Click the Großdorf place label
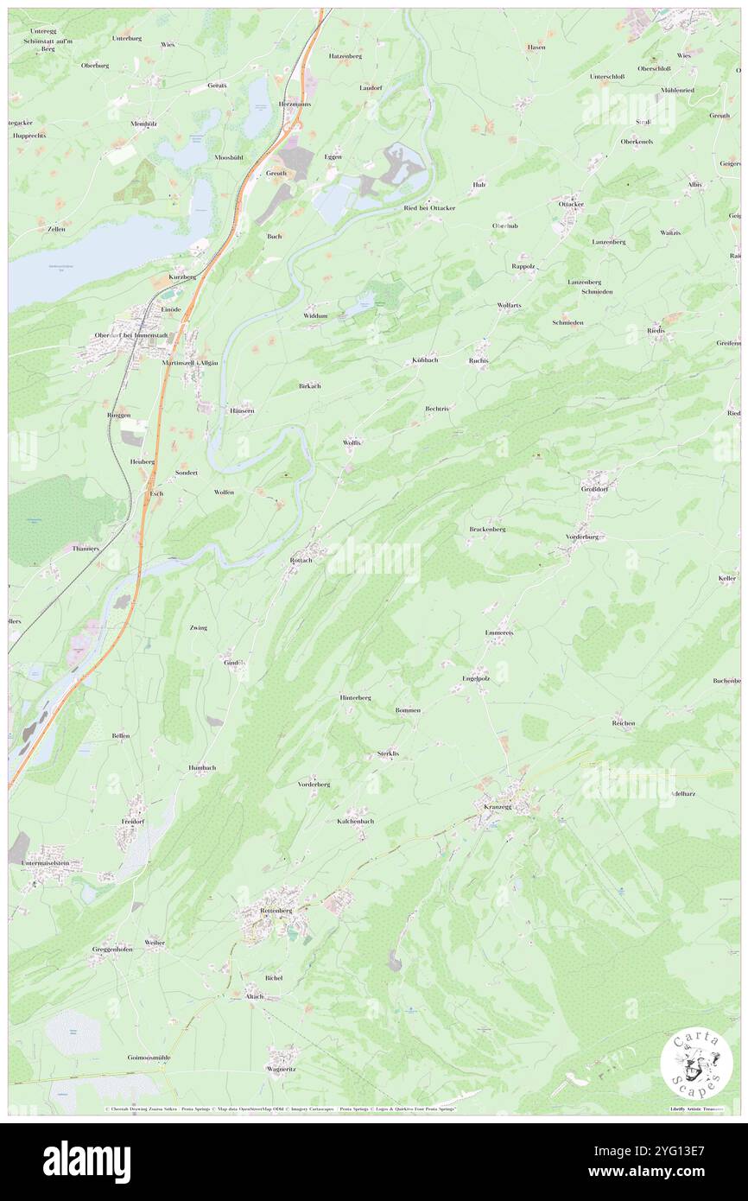598,489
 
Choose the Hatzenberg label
345,55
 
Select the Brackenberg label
487,529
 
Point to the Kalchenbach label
355,821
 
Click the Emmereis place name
499,632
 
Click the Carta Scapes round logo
696,1064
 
